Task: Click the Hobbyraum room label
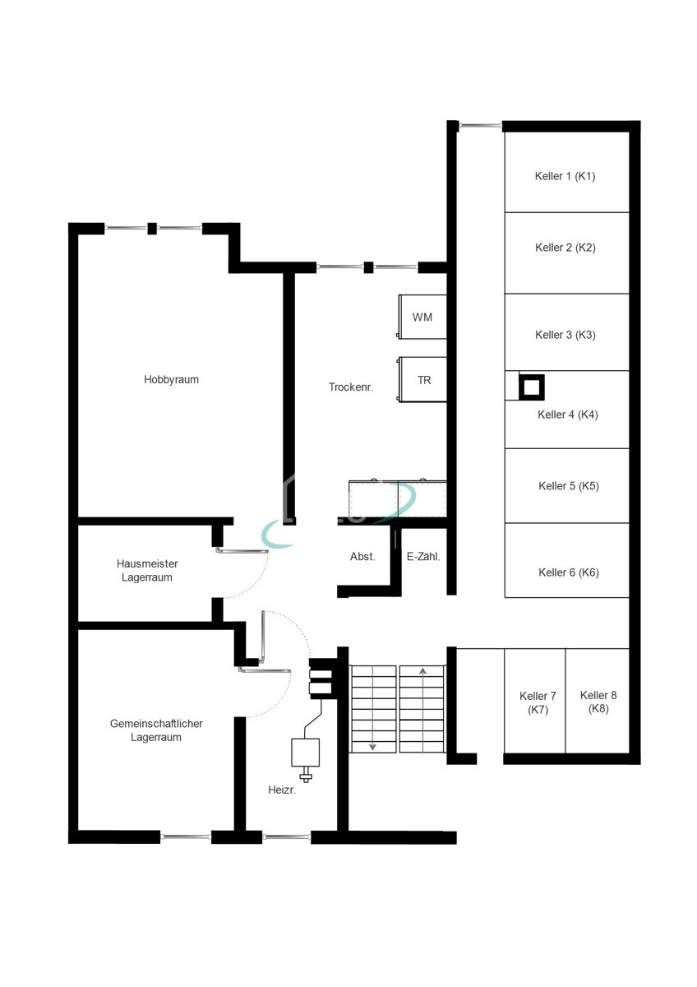pyautogui.click(x=171, y=379)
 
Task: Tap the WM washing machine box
pyautogui.click(x=422, y=317)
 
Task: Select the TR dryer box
pyautogui.click(x=422, y=379)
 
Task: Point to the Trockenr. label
pyautogui.click(x=350, y=387)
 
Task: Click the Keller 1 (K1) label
pyautogui.click(x=565, y=176)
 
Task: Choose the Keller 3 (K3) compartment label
pyautogui.click(x=565, y=335)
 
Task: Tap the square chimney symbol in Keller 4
pyautogui.click(x=532, y=387)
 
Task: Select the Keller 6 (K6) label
pyautogui.click(x=569, y=572)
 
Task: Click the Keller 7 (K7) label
pyautogui.click(x=538, y=702)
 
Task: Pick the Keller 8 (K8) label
pyautogui.click(x=598, y=702)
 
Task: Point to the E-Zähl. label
pyautogui.click(x=423, y=557)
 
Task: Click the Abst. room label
pyautogui.click(x=362, y=557)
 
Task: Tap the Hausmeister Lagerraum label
pyautogui.click(x=147, y=570)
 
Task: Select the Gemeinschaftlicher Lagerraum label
pyautogui.click(x=156, y=730)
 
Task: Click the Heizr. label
pyautogui.click(x=282, y=790)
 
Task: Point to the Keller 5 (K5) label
pyautogui.click(x=569, y=486)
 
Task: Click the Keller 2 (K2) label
pyautogui.click(x=565, y=248)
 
